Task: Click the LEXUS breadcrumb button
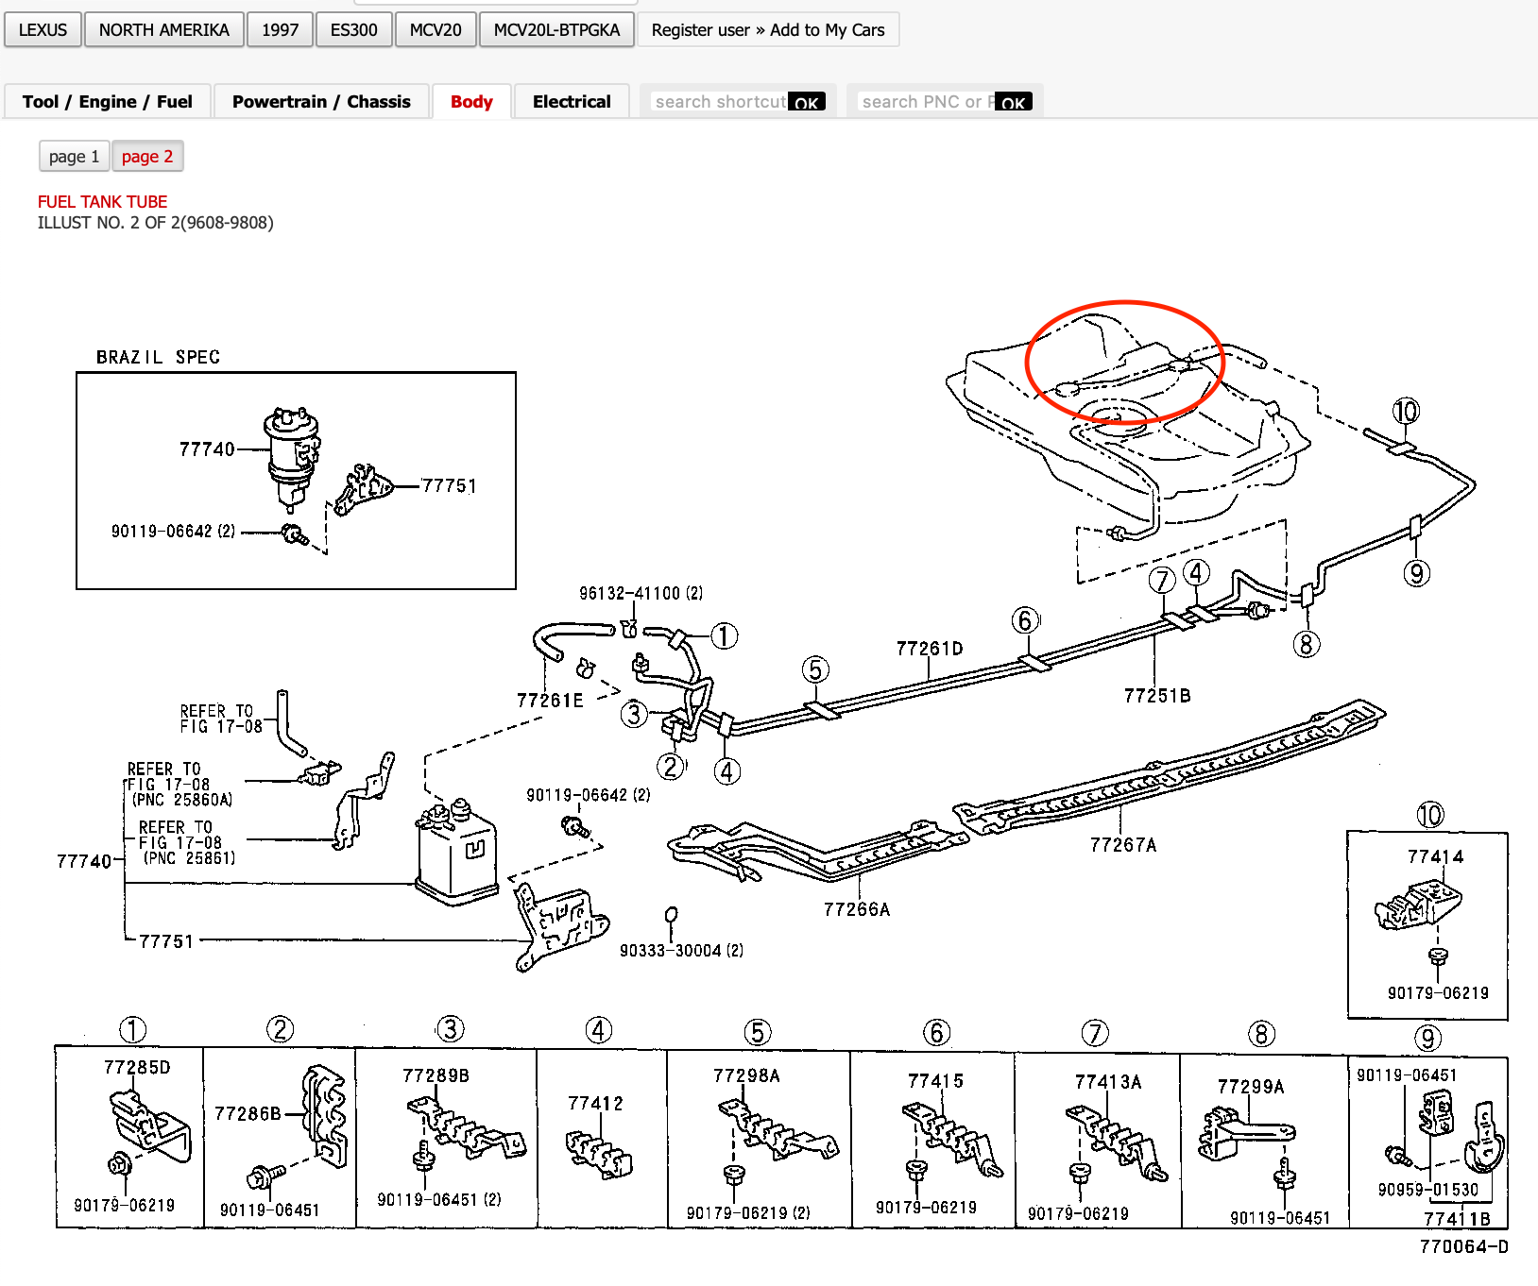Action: click(43, 30)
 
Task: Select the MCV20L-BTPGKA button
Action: click(556, 30)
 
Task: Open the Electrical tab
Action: click(571, 102)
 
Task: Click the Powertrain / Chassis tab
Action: click(321, 102)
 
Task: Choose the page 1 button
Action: click(74, 157)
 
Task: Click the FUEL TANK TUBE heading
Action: click(102, 202)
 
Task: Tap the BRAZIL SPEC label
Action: click(158, 358)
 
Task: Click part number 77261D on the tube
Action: click(929, 649)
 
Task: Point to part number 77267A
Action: click(1122, 845)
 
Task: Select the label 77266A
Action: click(856, 909)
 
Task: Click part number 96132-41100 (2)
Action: click(641, 594)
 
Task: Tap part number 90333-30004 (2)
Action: click(681, 951)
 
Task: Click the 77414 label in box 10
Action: click(1435, 857)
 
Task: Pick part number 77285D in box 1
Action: click(137, 1068)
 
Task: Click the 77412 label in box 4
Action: click(595, 1104)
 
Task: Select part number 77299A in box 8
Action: click(1251, 1087)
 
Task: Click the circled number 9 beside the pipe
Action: click(1416, 573)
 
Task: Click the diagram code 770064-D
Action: click(1463, 1247)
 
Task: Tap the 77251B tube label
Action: click(1157, 696)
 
